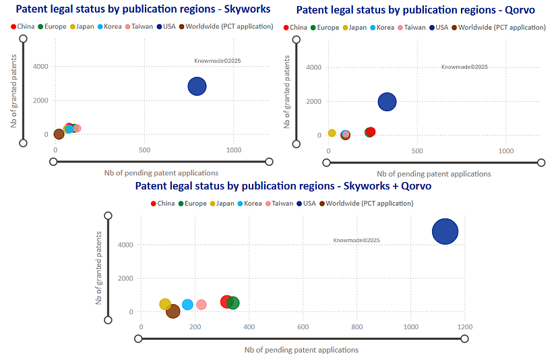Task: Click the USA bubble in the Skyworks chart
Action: (x=197, y=86)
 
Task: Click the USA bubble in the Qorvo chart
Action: (x=387, y=102)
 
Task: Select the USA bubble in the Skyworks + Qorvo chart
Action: (x=445, y=231)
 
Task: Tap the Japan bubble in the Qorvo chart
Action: (x=332, y=133)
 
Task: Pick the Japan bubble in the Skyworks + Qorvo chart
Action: (x=165, y=304)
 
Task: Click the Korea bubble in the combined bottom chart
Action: (x=187, y=305)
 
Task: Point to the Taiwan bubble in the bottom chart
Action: (x=201, y=305)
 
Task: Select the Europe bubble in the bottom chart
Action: (x=233, y=303)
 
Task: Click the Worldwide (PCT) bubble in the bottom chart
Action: (x=173, y=311)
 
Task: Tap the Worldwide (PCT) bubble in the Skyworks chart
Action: (x=59, y=134)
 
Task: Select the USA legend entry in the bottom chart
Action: (x=308, y=203)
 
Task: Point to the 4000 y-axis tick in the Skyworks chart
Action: (x=40, y=67)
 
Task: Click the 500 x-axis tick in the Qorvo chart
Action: (x=417, y=151)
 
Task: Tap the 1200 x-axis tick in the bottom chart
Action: (x=464, y=327)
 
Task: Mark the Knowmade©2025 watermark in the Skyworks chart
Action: (x=217, y=61)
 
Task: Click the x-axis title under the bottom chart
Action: (x=301, y=350)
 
